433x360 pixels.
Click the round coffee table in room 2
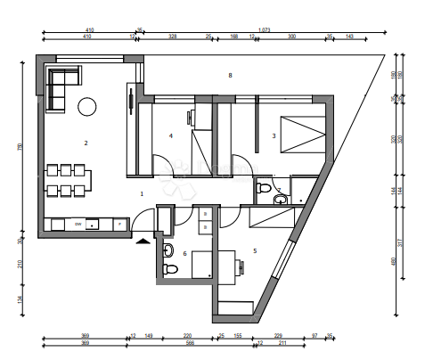coord(86,107)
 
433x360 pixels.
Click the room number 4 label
coord(170,135)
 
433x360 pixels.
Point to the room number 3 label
coord(274,135)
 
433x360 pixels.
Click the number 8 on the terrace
coord(230,76)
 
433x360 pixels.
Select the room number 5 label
coord(255,251)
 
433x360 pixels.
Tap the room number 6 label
coord(184,254)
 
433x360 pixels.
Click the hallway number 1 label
coord(141,192)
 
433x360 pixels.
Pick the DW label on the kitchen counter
coord(78,224)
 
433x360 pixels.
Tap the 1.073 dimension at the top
coord(265,30)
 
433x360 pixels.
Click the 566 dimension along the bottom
coord(189,342)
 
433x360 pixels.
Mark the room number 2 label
coord(86,143)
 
